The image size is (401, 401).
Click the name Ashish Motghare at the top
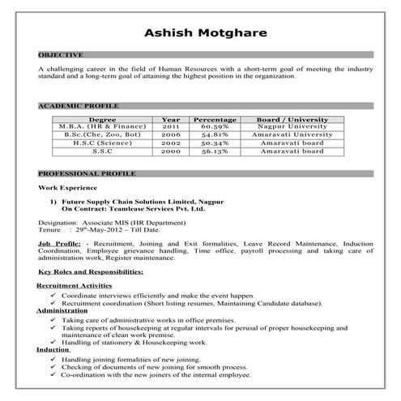coord(200,33)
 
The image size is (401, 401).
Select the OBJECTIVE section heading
coord(60,54)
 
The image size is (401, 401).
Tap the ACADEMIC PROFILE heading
coord(79,105)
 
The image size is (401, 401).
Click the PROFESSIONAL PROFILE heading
coord(87,173)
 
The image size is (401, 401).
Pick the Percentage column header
coord(215,119)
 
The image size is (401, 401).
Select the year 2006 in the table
coord(170,135)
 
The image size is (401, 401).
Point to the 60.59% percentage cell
coord(215,127)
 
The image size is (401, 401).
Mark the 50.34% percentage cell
coord(215,143)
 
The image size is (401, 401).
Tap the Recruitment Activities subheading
coord(74,286)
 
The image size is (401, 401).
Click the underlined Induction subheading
coord(53,349)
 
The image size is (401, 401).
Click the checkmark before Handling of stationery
coord(52,342)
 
